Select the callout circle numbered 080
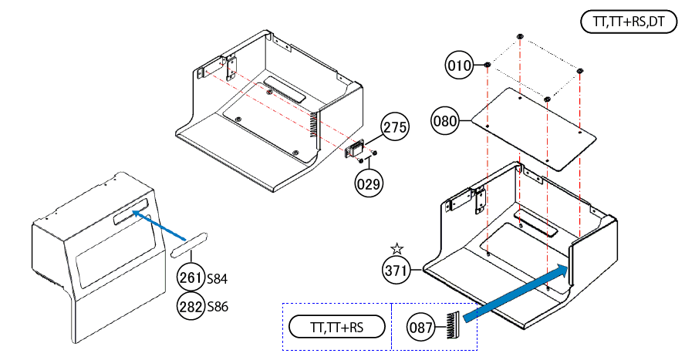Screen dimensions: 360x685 coord(445,121)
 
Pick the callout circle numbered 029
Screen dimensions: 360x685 coord(367,183)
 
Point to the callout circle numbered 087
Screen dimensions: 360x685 coord(421,328)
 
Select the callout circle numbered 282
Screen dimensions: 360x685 coord(191,305)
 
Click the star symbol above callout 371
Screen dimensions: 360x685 coord(396,248)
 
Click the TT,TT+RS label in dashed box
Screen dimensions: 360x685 coord(336,328)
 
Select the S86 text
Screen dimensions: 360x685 coord(217,306)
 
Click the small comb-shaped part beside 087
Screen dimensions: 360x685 coord(452,324)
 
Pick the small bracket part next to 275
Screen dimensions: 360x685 coord(354,147)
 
